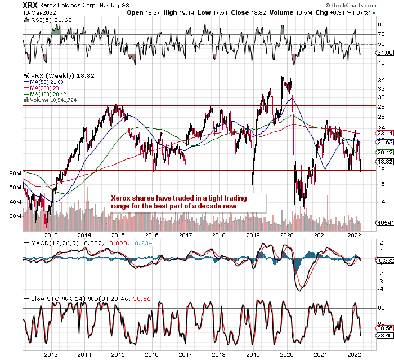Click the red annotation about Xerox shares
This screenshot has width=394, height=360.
pos(186,202)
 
